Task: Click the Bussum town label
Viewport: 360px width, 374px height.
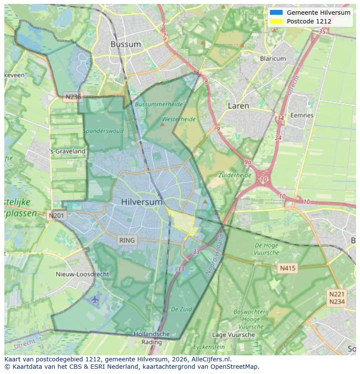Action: point(126,44)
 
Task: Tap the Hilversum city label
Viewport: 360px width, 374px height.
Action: point(142,202)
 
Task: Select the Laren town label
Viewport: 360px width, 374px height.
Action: point(239,106)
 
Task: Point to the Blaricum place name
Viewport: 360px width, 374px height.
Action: point(273,59)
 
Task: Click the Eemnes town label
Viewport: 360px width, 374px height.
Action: point(302,116)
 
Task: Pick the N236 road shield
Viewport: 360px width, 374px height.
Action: point(72,97)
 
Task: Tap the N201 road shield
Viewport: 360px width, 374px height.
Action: point(57,215)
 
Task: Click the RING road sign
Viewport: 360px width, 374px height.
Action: point(127,240)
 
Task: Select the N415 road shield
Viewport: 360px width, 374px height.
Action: point(287,268)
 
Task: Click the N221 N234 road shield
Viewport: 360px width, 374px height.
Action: point(337,298)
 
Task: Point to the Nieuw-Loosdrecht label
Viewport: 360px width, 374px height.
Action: point(83,275)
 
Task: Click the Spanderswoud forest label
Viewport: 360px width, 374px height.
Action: point(103,131)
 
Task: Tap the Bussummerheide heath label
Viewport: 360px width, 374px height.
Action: point(159,105)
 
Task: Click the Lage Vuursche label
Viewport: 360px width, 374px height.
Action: point(233,335)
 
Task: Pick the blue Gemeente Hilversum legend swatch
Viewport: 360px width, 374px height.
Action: point(276,13)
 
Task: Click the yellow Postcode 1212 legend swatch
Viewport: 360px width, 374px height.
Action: point(276,21)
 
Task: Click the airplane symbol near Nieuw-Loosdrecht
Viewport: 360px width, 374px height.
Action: point(95,299)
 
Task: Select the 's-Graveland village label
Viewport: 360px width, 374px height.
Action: point(68,151)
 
